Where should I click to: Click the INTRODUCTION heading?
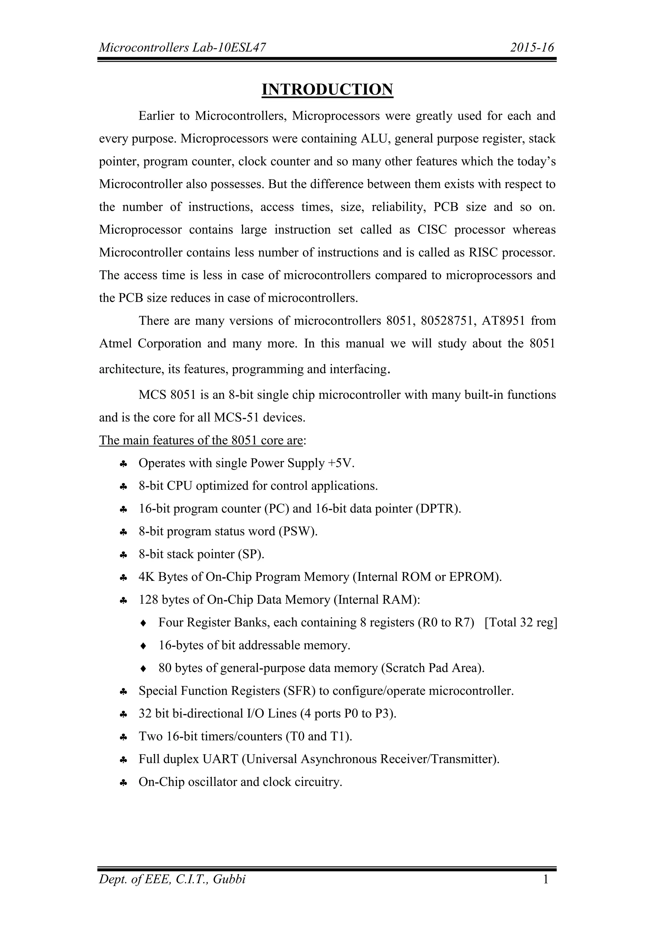(x=327, y=90)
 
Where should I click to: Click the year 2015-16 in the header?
(x=532, y=48)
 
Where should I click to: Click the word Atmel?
(x=116, y=344)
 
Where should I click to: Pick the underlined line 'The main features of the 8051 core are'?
(x=201, y=440)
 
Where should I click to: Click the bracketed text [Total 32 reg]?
(x=521, y=623)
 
